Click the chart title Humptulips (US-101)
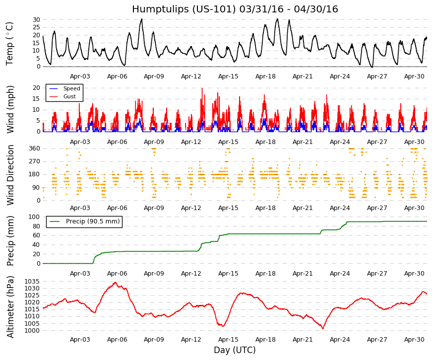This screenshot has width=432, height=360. click(184, 9)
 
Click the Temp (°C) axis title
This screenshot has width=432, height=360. click(9, 44)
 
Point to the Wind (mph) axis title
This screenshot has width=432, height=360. click(10, 110)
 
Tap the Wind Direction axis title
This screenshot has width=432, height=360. click(10, 175)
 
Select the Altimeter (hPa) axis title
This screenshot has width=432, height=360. click(10, 307)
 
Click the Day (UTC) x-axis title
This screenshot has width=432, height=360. click(235, 350)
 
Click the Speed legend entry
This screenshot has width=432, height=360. click(71, 88)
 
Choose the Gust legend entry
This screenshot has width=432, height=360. click(69, 96)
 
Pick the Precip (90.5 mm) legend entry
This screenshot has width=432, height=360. click(93, 221)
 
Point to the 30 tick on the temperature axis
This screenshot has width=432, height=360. click(37, 19)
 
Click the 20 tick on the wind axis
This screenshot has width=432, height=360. click(37, 88)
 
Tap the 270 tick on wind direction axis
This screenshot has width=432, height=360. click(35, 161)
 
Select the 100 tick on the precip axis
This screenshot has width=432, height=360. click(35, 217)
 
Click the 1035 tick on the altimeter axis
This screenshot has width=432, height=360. click(32, 282)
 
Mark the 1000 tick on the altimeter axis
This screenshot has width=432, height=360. click(32, 331)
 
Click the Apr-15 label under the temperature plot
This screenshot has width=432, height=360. click(228, 76)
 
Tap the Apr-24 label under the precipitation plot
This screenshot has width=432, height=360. click(340, 274)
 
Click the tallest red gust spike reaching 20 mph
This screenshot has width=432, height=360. click(202, 88)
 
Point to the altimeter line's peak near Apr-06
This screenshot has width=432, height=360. click(116, 283)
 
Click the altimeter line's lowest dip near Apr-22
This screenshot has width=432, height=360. click(322, 328)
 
